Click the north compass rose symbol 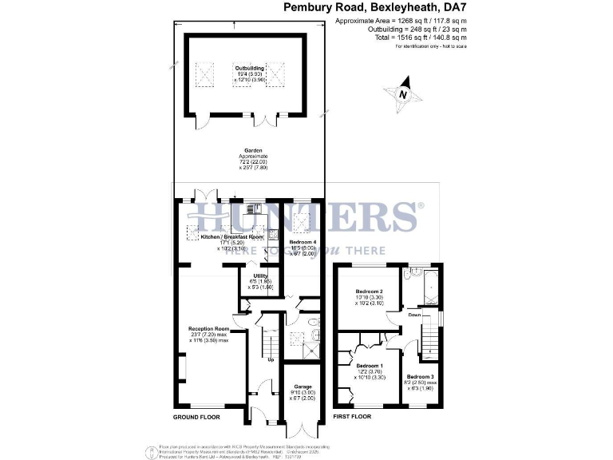click(x=403, y=92)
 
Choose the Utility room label click(x=259, y=276)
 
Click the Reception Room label click(x=208, y=328)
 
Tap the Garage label click(x=302, y=386)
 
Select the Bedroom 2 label click(x=370, y=291)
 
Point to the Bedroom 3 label click(x=420, y=377)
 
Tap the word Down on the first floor click(x=413, y=315)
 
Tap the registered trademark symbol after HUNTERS click(x=421, y=206)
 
